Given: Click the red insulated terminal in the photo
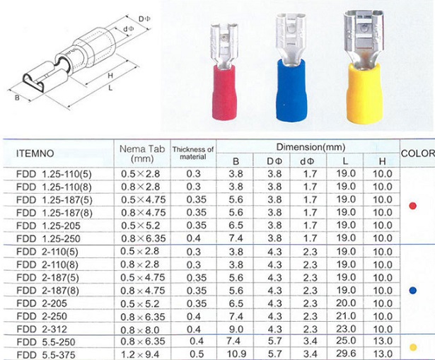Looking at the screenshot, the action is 225,72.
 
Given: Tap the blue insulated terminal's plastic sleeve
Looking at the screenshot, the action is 291,90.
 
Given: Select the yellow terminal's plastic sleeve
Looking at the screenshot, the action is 364,94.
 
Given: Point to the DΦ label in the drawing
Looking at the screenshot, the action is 144,19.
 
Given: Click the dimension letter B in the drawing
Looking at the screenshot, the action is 17,98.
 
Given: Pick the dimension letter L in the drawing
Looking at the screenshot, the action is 110,88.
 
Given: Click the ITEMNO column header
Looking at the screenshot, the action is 35,153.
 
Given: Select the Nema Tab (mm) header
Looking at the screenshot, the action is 142,153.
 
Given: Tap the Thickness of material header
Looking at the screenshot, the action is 193,153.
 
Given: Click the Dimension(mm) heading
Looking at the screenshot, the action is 311,146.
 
